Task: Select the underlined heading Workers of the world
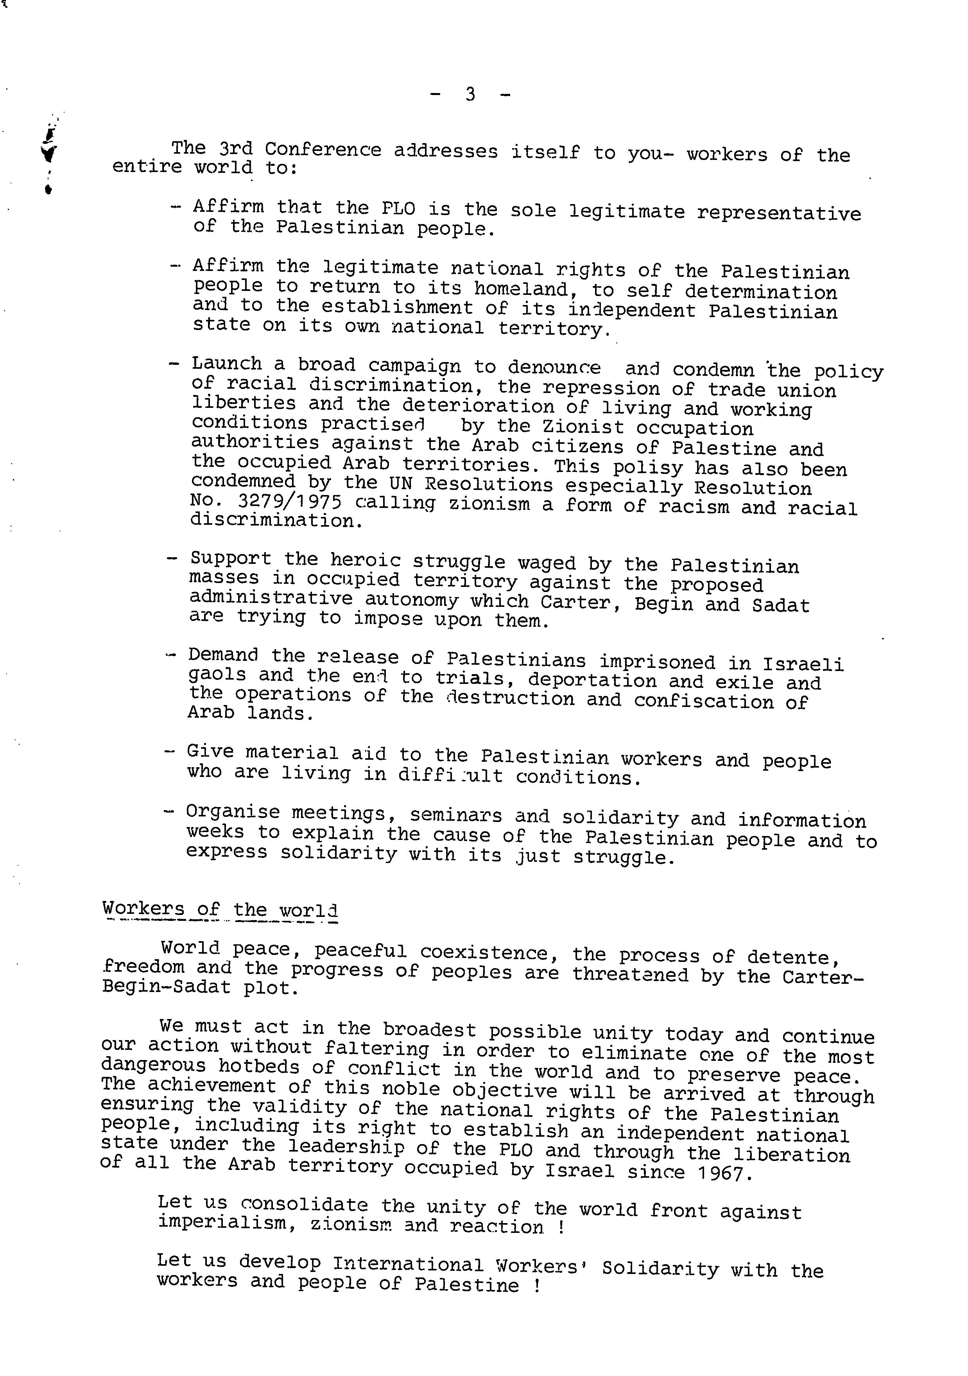[x=220, y=909]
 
